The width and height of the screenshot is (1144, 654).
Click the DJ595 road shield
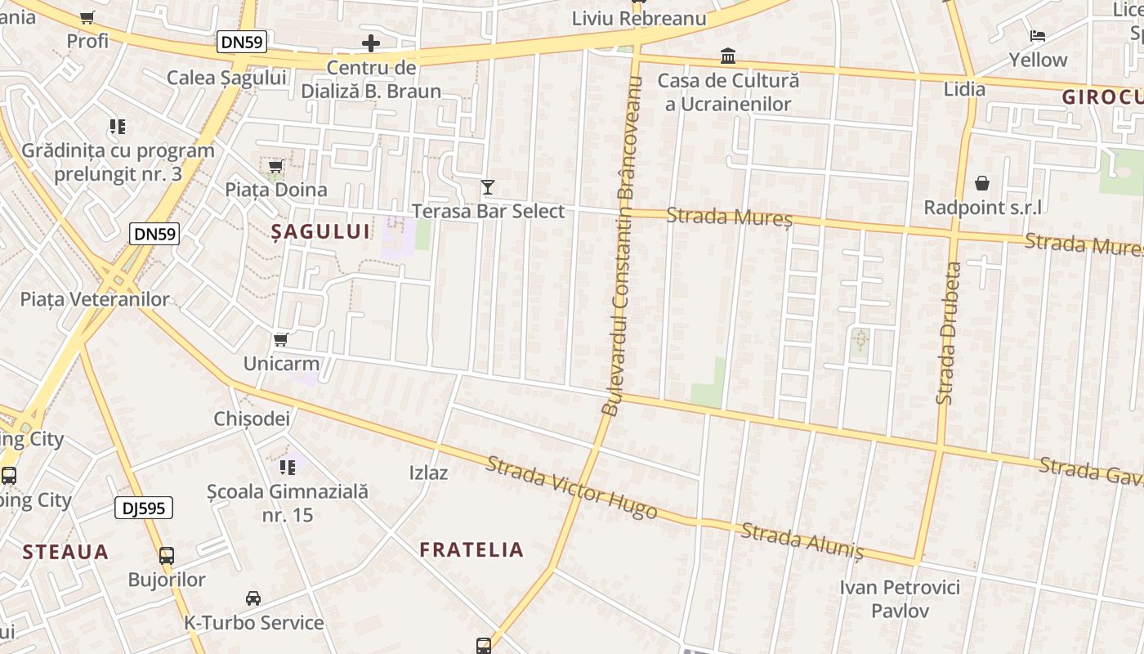(144, 508)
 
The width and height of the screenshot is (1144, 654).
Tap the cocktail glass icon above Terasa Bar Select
(488, 187)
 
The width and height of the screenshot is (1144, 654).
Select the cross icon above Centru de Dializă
(371, 43)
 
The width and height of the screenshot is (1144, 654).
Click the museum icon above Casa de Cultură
(727, 56)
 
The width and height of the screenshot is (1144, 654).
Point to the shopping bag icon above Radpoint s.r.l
(982, 183)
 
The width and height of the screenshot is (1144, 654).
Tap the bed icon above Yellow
(1038, 35)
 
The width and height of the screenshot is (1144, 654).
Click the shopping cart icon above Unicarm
(281, 339)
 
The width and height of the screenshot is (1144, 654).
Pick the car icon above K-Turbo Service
(253, 598)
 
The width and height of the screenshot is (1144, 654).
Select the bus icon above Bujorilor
(167, 556)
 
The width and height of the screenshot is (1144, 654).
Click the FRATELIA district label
(471, 549)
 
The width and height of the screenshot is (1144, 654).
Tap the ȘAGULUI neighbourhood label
(320, 231)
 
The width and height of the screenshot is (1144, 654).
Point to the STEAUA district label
(65, 552)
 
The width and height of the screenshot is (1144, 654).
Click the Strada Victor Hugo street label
(571, 488)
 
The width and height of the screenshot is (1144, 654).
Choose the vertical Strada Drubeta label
(948, 332)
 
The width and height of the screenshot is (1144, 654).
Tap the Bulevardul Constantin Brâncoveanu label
(623, 245)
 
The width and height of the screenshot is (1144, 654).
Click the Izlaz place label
(428, 473)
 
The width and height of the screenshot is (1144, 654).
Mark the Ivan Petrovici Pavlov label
(900, 598)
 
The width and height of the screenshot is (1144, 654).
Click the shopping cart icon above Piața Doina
(276, 167)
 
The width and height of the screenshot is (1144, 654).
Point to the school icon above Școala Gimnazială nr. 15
(288, 468)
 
